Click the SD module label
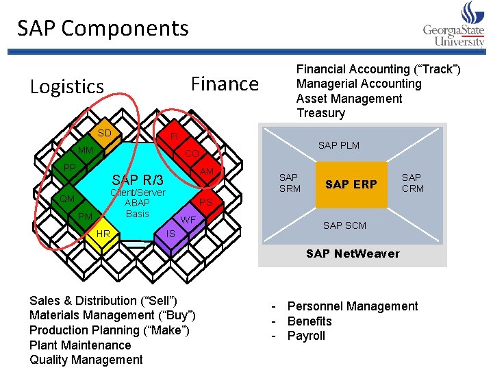(x=104, y=133)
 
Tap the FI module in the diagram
(x=174, y=136)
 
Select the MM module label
(x=86, y=150)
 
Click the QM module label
(x=67, y=199)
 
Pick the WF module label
(x=188, y=220)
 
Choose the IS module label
(x=171, y=234)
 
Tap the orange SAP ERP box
(x=351, y=185)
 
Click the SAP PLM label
(x=338, y=145)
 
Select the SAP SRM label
(x=290, y=183)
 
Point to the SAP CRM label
(x=412, y=183)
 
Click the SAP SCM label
(x=344, y=225)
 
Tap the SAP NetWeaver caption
(x=353, y=254)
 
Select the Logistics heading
(x=67, y=87)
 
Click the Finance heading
(x=225, y=84)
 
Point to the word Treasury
(x=320, y=113)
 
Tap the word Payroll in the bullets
(x=306, y=336)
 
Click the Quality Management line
(x=86, y=360)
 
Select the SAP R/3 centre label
(x=138, y=180)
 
